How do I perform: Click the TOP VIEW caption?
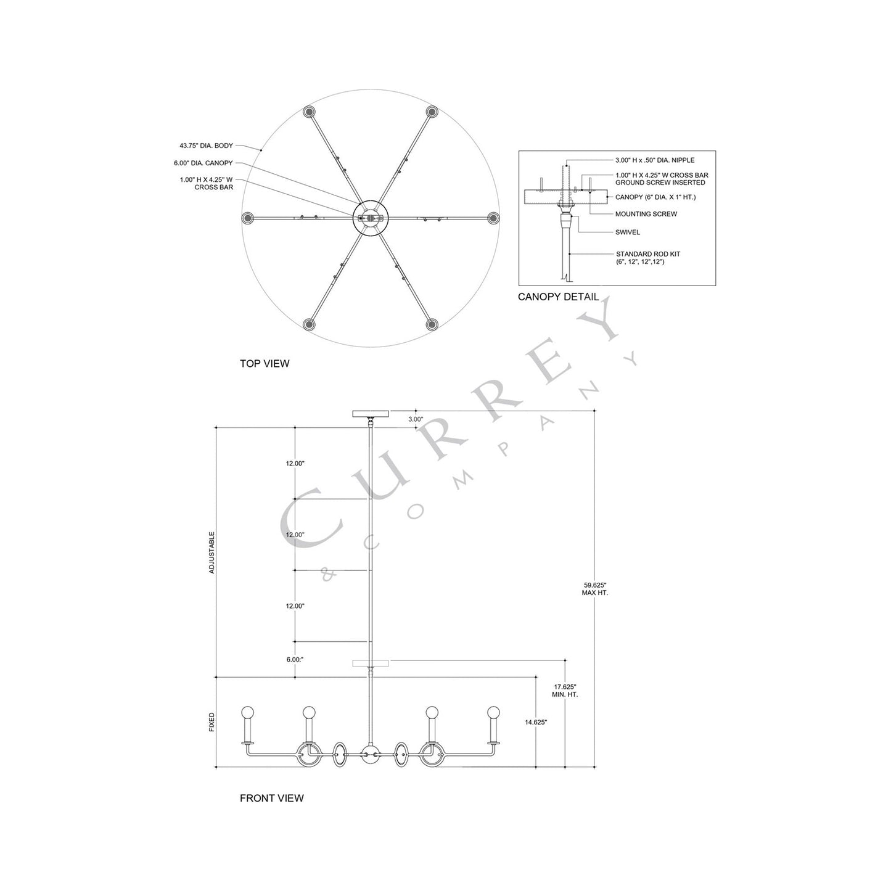(x=265, y=364)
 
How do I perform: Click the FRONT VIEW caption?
(x=271, y=798)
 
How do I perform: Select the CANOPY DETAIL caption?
(x=558, y=297)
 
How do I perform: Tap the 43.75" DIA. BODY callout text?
(x=206, y=146)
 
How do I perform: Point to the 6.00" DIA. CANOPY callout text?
(x=203, y=163)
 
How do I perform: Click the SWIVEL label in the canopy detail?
(x=628, y=232)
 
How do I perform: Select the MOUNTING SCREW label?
(x=646, y=214)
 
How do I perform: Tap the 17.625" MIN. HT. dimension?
(x=565, y=690)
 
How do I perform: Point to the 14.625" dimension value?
(x=536, y=721)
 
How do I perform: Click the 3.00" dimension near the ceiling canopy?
(x=416, y=419)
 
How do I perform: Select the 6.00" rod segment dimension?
(x=295, y=659)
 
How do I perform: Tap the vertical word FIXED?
(x=212, y=722)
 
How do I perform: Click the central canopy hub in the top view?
(x=370, y=218)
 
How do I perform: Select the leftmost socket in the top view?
(x=248, y=218)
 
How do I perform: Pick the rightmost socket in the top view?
(x=493, y=218)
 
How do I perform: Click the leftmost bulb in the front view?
(x=248, y=712)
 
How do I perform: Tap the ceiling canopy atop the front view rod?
(x=370, y=414)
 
